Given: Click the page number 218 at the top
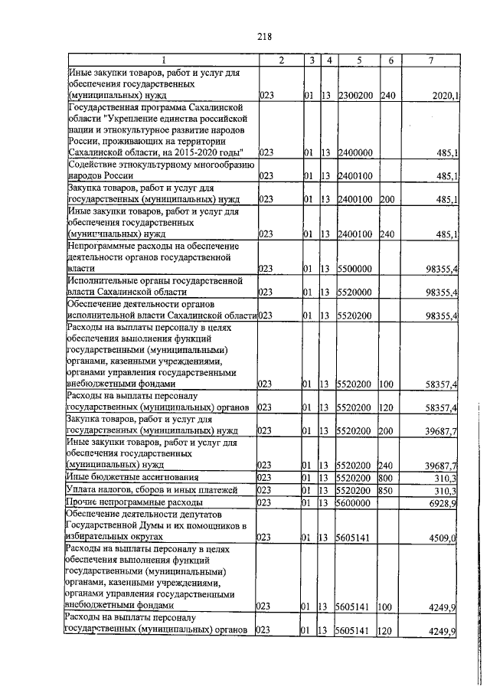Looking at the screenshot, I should click(x=265, y=36).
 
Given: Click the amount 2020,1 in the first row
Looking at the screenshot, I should click(x=445, y=96).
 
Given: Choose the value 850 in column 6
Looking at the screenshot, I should click(x=387, y=489).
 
